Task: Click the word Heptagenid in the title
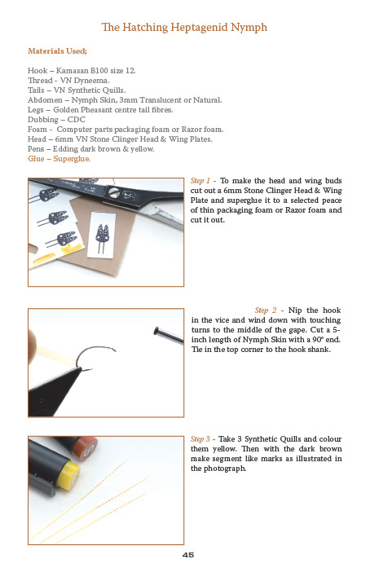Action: tap(177, 28)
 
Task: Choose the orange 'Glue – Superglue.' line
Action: tap(59, 158)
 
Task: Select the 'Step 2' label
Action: tap(268, 310)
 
